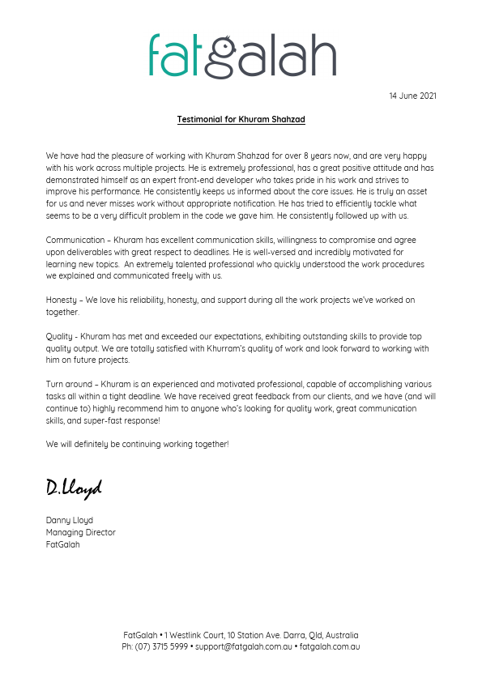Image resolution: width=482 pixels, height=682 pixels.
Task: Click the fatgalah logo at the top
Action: point(241,55)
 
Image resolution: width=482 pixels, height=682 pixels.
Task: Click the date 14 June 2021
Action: point(412,96)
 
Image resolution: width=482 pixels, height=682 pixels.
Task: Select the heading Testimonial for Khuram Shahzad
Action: point(241,119)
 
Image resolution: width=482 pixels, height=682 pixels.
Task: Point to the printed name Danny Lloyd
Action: point(70,520)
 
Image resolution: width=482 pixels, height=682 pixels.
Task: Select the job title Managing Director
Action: point(80,532)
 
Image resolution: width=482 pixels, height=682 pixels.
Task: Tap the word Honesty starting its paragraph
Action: point(61,300)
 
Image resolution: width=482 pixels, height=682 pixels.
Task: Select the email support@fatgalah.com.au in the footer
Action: point(243,646)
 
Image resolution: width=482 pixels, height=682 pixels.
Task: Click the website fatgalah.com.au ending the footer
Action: point(330,646)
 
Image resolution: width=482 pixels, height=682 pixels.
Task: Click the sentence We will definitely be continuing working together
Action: point(137,444)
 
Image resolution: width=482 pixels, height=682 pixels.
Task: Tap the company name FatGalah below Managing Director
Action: point(62,544)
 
